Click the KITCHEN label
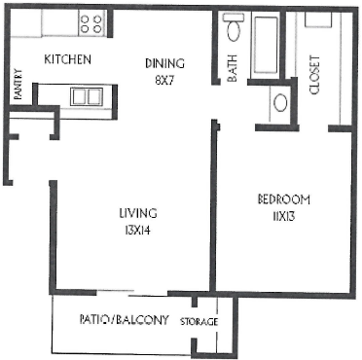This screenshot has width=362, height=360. pos(68,60)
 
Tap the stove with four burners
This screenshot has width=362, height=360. pos(90,21)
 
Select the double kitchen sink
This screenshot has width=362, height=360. pos(86,95)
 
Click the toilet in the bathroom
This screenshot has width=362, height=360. pos(232,30)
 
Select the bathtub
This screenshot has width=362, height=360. pos(266,47)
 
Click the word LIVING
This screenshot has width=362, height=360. pos(137,213)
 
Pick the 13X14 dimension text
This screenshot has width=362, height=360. pos(137,230)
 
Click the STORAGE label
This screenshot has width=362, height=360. pos(199,322)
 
